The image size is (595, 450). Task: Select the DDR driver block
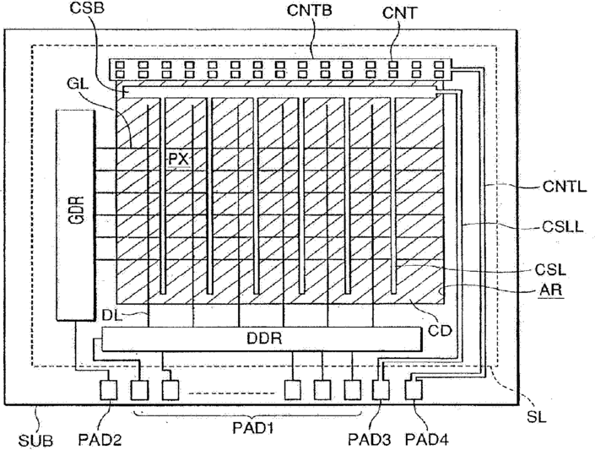259,339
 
